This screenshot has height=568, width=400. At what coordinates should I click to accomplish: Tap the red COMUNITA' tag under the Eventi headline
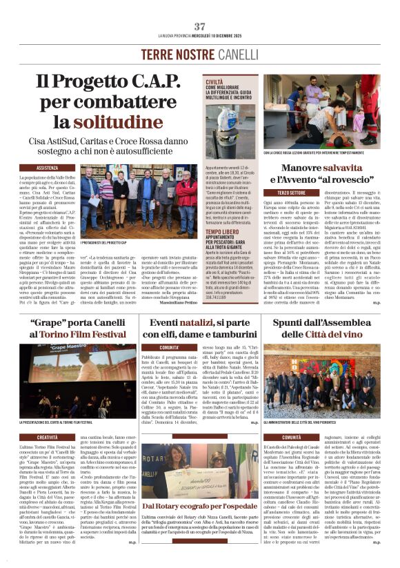tap(169, 347)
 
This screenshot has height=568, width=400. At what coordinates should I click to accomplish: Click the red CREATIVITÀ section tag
tap(48, 437)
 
